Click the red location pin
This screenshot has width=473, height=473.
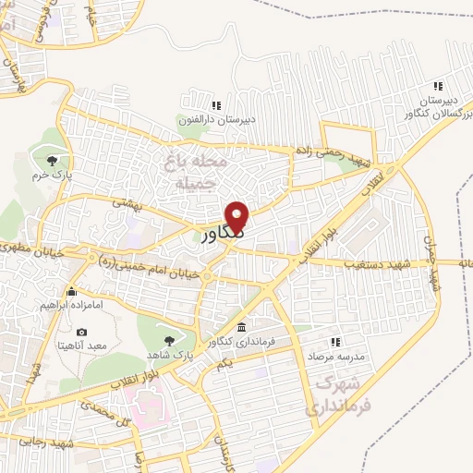point(238,216)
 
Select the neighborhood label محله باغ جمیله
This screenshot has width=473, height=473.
point(194,172)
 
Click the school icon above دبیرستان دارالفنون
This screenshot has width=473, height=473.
point(216,105)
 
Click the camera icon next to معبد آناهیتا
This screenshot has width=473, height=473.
point(82,333)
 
